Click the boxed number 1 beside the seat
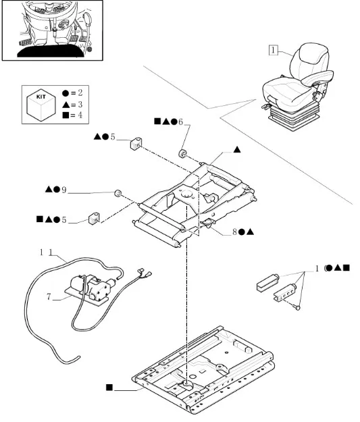tap(273, 50)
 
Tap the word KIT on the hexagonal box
tap(41, 97)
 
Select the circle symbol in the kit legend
tap(66, 93)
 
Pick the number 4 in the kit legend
tap(80, 115)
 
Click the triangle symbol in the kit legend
tap(66, 105)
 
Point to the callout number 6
tap(180, 122)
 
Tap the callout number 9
tap(63, 190)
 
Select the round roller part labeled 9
tap(118, 193)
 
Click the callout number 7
tap(49, 296)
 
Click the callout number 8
tap(234, 232)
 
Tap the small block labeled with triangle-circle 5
tap(136, 144)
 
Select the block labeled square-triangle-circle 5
tap(94, 218)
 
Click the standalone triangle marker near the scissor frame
tap(237, 150)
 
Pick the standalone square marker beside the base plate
tap(109, 388)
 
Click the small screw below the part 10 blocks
tap(298, 308)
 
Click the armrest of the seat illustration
tap(317, 76)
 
